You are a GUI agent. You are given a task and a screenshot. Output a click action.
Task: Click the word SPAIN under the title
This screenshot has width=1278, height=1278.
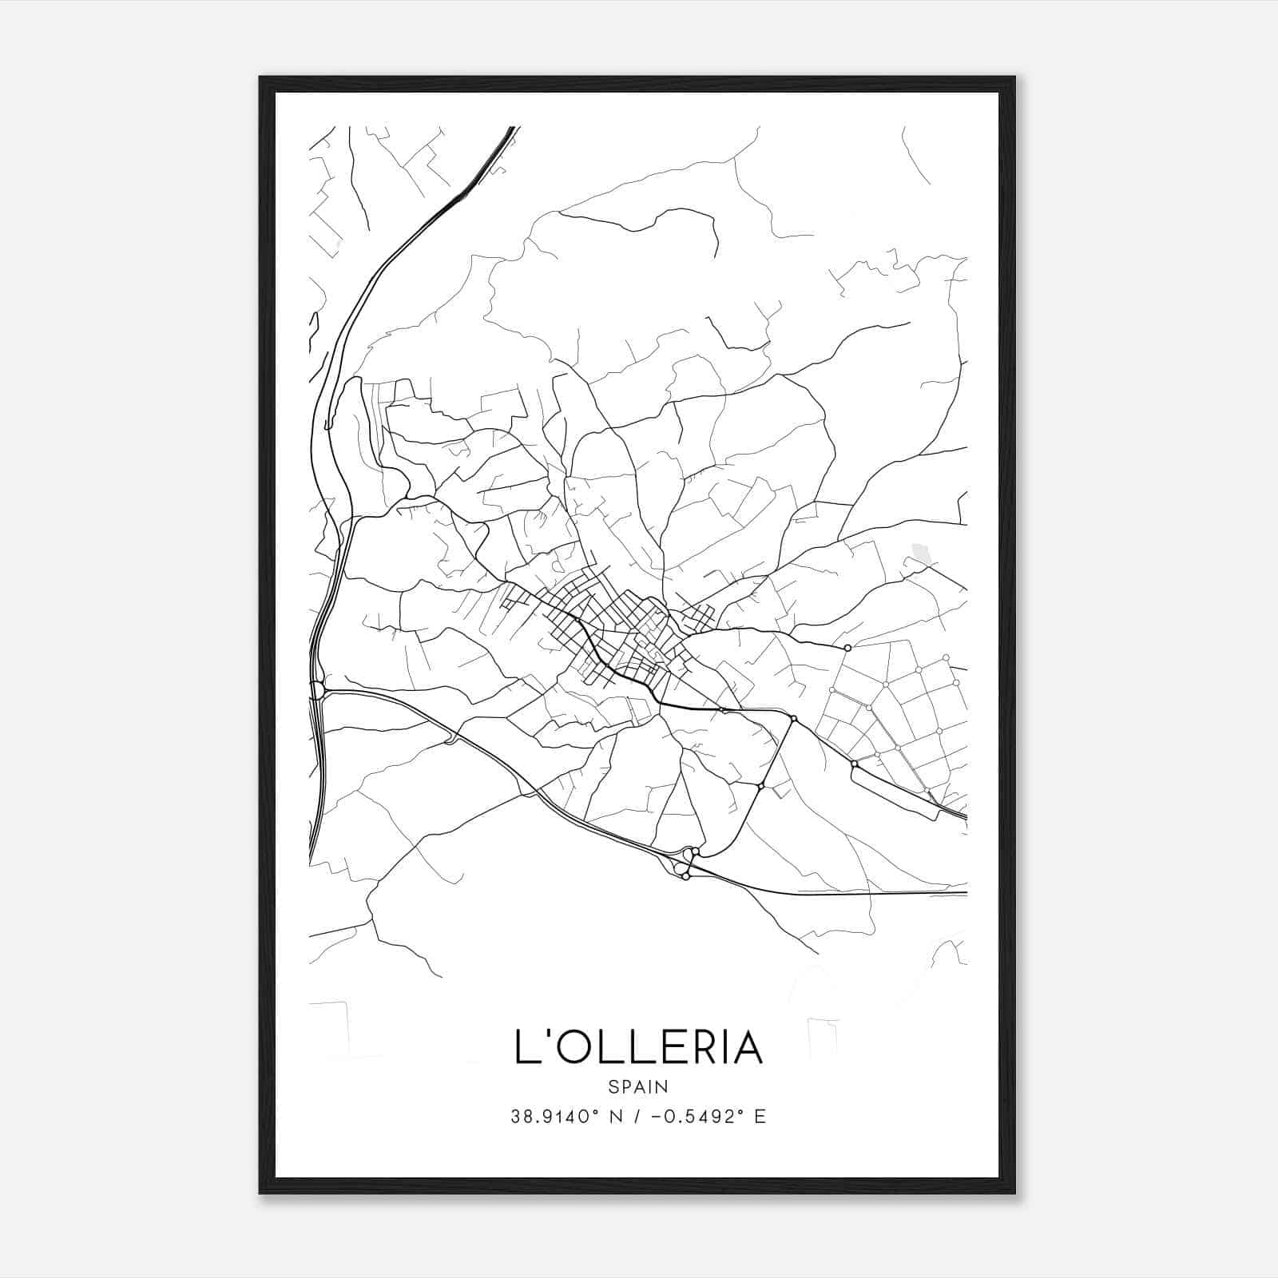[637, 1086]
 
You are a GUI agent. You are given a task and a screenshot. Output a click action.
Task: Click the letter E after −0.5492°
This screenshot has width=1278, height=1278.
[760, 1117]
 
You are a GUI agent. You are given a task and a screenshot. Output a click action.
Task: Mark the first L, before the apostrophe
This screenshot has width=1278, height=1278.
[525, 1048]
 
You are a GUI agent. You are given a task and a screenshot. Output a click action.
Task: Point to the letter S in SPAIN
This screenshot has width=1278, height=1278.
[613, 1086]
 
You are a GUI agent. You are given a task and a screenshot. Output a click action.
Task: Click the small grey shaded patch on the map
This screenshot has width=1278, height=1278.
[920, 551]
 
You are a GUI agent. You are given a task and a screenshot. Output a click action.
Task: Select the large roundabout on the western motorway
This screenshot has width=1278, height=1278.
[317, 689]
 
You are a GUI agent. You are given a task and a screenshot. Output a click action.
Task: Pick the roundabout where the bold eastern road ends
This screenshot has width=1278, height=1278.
[847, 648]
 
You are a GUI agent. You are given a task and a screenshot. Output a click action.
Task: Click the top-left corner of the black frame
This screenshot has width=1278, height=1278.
[260, 77]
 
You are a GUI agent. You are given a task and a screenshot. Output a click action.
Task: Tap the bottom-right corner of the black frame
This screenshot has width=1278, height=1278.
[1014, 1193]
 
